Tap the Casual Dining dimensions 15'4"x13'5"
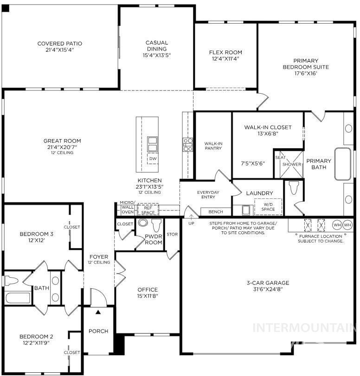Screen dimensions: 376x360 click(157, 55)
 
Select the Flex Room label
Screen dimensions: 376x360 click(225, 52)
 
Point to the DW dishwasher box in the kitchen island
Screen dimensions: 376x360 click(152, 158)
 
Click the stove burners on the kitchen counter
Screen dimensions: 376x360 click(188, 145)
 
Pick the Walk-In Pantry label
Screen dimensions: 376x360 click(213, 146)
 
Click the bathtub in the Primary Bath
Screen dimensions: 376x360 click(343, 164)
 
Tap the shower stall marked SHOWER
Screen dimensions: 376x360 click(291, 164)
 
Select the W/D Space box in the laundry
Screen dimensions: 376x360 click(268, 206)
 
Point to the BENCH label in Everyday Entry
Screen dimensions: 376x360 click(215, 212)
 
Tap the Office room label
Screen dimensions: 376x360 click(148, 290)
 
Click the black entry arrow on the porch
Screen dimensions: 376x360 click(98, 312)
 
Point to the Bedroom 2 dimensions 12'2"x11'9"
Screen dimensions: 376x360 click(36, 343)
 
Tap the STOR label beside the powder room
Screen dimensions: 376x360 click(172, 234)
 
